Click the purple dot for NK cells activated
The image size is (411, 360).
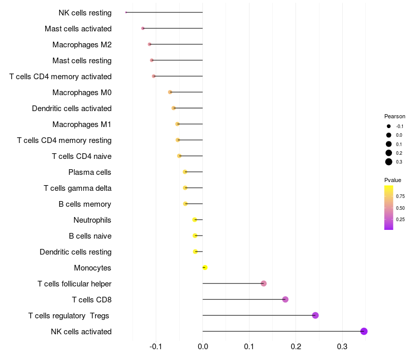[x=364, y=331]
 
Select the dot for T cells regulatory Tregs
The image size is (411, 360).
[x=315, y=315]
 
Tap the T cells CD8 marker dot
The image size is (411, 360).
[x=286, y=299]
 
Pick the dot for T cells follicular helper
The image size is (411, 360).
[x=264, y=283]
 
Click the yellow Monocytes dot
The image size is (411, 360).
[x=205, y=267]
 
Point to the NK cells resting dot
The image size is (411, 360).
[x=126, y=12]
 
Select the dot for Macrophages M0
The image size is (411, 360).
[x=170, y=92]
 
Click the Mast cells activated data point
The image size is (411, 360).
[x=143, y=28]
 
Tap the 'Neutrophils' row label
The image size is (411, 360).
[x=92, y=220]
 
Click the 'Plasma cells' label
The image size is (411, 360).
[x=90, y=172]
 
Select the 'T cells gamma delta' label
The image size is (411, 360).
[x=78, y=188]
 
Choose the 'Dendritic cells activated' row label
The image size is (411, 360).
[x=72, y=109]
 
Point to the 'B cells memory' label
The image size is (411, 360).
[x=85, y=204]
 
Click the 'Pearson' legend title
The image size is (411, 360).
[x=395, y=116]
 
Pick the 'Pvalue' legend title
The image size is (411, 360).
[x=393, y=180]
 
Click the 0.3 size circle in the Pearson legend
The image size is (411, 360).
[x=389, y=162]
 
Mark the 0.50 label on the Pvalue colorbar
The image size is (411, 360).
[x=400, y=208]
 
